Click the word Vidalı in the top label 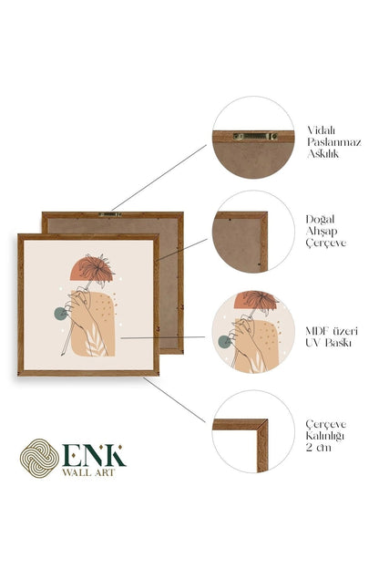coord(322,130)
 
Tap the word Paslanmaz coord(334,142)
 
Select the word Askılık coord(323,154)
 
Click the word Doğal coord(320,220)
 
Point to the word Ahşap coord(322,232)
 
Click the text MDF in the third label coord(318,331)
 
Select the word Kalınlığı coord(324,436)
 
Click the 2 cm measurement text coord(319,448)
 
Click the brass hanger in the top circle coord(255,136)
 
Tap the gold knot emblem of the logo coord(39,458)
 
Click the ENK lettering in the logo coord(94,455)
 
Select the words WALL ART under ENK coord(88,472)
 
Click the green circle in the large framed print coord(60,314)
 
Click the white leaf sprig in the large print coord(94,342)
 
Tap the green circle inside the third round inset coord(224,342)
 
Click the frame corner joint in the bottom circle coord(262,425)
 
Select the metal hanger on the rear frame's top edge coord(110,214)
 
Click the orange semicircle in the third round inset coord(256,301)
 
